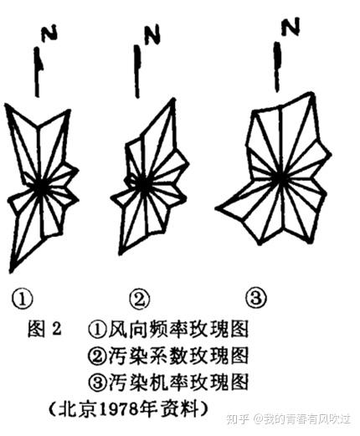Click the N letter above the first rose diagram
click(x=49, y=33)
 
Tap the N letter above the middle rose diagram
click(x=152, y=34)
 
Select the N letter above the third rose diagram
click(x=291, y=27)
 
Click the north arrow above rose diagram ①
click(x=38, y=72)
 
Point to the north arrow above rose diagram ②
click(x=137, y=71)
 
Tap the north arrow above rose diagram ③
click(x=277, y=67)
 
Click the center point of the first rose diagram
click(x=42, y=187)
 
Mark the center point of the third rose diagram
click(x=280, y=177)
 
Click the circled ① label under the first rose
click(x=22, y=299)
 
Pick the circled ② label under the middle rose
click(x=140, y=300)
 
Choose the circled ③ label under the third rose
click(x=256, y=298)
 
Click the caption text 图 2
click(x=44, y=329)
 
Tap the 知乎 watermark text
click(x=237, y=419)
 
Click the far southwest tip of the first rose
click(x=11, y=272)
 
